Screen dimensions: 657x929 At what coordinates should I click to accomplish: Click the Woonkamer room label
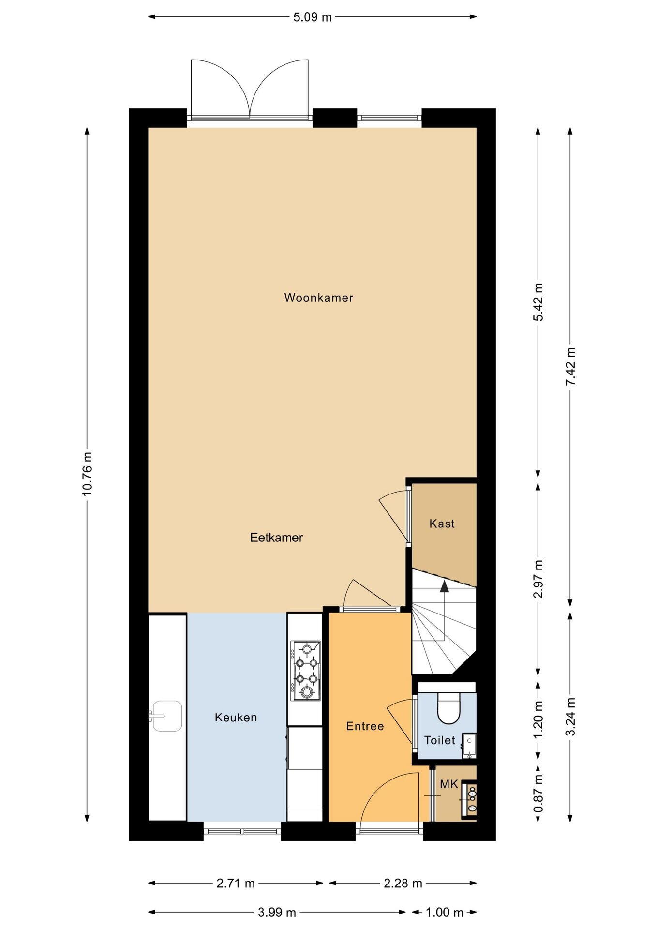pos(318,298)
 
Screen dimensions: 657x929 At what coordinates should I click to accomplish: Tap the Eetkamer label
pos(276,538)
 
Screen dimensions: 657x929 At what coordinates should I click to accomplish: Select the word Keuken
pos(236,718)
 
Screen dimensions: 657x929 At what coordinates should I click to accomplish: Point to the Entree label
pos(365,726)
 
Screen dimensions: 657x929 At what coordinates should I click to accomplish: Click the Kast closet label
pos(442,524)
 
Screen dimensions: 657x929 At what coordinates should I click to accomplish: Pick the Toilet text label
pos(439,740)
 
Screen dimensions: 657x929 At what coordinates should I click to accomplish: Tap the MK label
pos(448,784)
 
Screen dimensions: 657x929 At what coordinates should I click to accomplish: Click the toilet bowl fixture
pos(448,708)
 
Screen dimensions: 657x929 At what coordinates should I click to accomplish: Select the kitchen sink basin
pos(167,716)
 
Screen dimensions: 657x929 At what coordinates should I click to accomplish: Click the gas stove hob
pos(305,671)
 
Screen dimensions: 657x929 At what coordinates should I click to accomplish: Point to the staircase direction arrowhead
pos(444,587)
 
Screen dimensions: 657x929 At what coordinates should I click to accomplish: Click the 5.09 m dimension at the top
pos(313,17)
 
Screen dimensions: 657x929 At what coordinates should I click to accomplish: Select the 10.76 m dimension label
pos(87,474)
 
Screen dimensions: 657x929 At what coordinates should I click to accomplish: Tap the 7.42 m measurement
pos(570,367)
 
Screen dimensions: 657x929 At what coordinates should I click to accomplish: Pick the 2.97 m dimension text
pos(538,579)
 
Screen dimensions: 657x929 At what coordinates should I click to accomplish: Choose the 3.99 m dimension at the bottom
pos(276,913)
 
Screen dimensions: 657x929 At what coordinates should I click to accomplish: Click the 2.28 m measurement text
pos(403,884)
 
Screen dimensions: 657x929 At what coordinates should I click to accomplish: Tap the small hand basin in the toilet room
pos(469,746)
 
